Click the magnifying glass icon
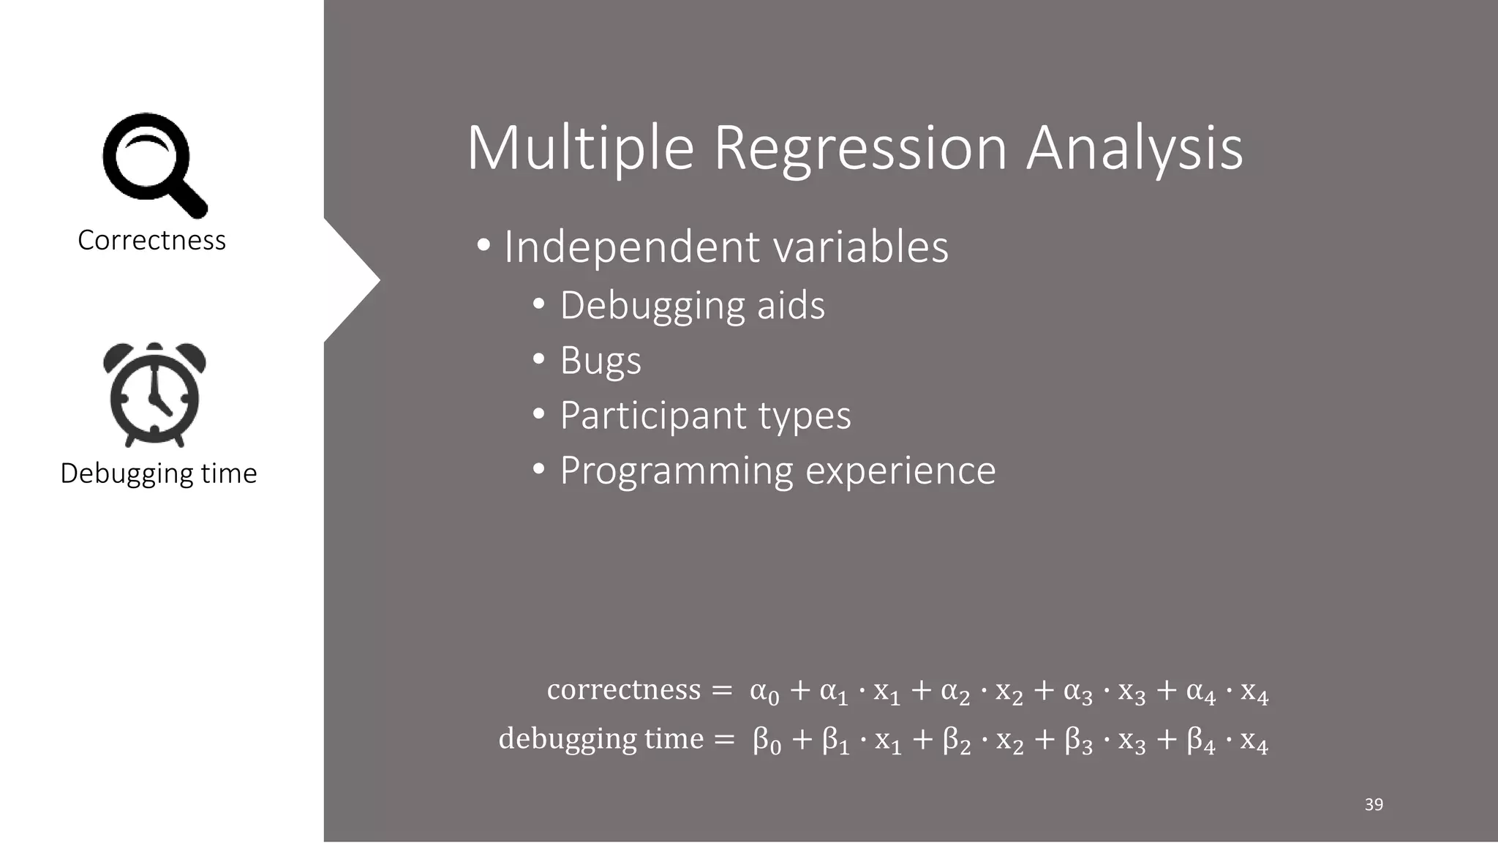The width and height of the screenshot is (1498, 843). coord(154,165)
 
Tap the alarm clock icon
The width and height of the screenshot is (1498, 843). coord(154,394)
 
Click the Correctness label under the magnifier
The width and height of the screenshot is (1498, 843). coord(151,240)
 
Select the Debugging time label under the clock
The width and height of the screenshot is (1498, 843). coord(159,473)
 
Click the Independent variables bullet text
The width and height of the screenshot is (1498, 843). coord(726,247)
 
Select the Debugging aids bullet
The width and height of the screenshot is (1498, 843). coord(692,305)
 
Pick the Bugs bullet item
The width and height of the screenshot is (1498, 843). coord(601,361)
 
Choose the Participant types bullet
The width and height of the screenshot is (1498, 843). coord(705,416)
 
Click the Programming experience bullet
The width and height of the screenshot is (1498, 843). coord(778,471)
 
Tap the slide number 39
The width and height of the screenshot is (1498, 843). coord(1374,805)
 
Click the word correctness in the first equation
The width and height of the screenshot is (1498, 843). coord(624,689)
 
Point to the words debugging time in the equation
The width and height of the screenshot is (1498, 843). coord(601,738)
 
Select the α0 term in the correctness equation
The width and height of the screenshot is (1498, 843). coord(764,692)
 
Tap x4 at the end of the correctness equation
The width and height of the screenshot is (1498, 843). coord(1254,692)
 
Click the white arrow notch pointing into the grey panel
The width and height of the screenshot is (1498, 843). coord(355,281)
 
